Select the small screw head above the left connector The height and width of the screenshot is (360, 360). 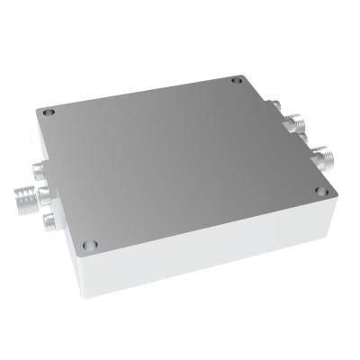click(37, 168)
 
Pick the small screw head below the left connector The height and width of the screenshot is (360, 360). click(48, 220)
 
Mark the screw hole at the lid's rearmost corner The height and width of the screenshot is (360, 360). click(238, 82)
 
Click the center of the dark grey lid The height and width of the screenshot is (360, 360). click(180, 162)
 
